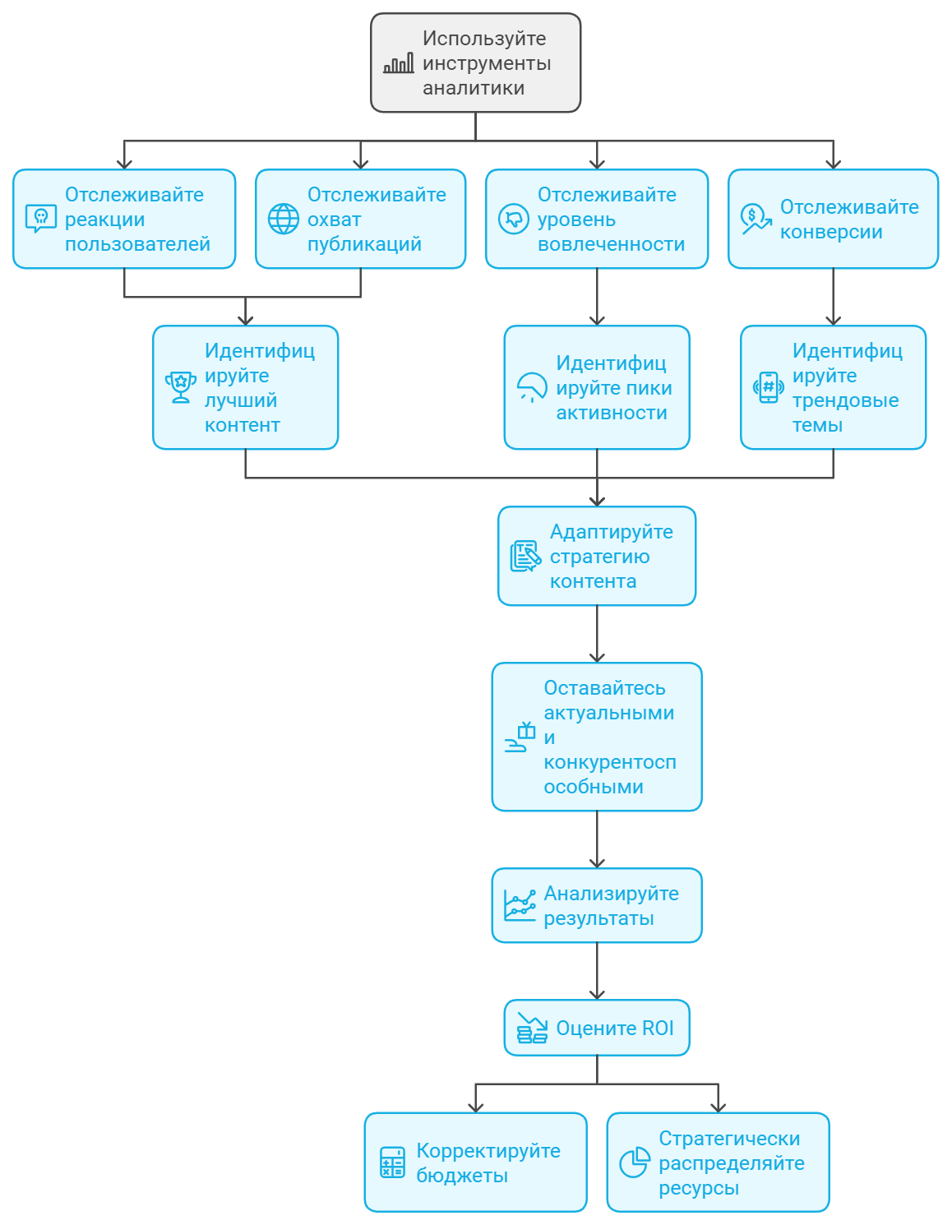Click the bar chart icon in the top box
[x=399, y=63]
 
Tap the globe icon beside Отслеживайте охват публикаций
[x=284, y=219]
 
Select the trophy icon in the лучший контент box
[x=180, y=387]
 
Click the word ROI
[x=658, y=1029]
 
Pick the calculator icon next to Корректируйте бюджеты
[x=392, y=1162]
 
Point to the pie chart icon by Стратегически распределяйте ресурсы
[x=635, y=1162]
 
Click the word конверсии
[x=831, y=232]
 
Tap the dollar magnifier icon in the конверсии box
[x=756, y=219]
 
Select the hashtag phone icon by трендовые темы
[x=768, y=387]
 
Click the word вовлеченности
[x=611, y=244]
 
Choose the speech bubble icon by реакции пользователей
[x=41, y=219]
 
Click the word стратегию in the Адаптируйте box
[x=599, y=557]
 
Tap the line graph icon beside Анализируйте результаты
[x=520, y=905]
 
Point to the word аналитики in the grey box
[x=474, y=88]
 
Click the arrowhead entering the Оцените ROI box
[x=597, y=995]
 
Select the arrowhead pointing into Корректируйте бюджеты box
[x=476, y=1107]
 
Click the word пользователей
[x=137, y=244]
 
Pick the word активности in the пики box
[x=612, y=413]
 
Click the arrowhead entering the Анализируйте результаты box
[x=597, y=862]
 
